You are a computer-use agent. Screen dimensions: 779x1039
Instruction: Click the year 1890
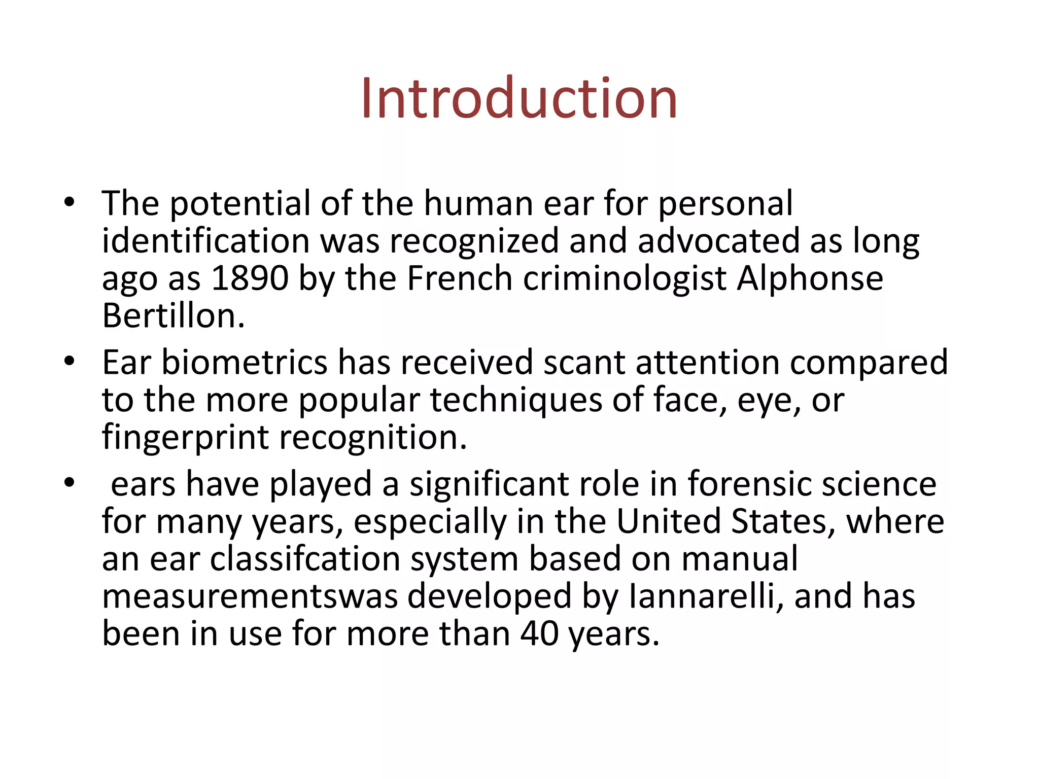tap(250, 278)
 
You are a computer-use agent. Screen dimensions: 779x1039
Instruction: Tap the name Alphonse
tap(810, 278)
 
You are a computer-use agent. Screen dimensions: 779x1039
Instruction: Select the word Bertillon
tap(174, 316)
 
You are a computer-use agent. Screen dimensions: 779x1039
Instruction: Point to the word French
tap(460, 278)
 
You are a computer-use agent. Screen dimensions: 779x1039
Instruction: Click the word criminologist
tap(625, 278)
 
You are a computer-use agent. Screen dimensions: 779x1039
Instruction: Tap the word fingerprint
tap(185, 437)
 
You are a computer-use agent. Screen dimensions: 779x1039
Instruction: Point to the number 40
tap(539, 633)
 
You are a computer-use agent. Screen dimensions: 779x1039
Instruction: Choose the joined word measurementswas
tap(250, 596)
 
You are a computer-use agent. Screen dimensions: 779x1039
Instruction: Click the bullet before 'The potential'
tap(70, 203)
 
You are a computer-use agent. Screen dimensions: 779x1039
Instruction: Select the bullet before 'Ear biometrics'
tap(70, 362)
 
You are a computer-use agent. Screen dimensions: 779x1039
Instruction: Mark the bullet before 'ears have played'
tap(70, 483)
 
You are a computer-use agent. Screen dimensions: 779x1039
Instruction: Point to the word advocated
tap(718, 241)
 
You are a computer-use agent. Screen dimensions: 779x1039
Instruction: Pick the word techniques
tap(516, 400)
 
